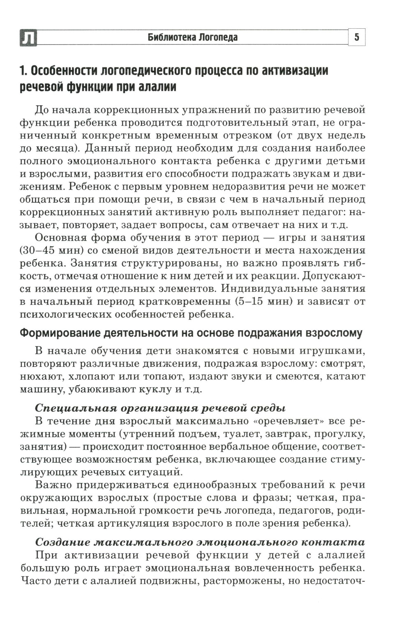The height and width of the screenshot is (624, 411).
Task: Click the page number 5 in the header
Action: (x=357, y=38)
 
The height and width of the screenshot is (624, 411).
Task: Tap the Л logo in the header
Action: (x=28, y=38)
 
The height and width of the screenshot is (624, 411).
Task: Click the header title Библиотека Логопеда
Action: (x=192, y=38)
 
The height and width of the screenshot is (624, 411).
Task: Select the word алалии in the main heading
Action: (x=157, y=87)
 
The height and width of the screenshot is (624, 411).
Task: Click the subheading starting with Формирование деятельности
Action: (x=191, y=333)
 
